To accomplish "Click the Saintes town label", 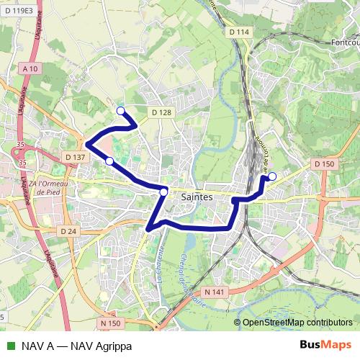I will pos(197,196).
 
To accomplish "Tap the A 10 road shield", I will pos(30,68).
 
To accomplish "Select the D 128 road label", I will pos(162,112).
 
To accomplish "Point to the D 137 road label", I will pos(74,156).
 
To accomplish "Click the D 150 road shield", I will pos(325,164).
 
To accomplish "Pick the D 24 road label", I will pos(68,230).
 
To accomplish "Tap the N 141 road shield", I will pos(215,292).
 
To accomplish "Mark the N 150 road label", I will pos(110,323).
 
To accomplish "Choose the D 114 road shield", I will pos(239,32).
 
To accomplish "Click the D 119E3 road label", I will pos(18,11).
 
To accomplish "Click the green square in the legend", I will pos(9,346).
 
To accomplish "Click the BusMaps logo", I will pos(325,345).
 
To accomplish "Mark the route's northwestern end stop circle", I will pos(120,111).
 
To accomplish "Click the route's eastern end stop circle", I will pos(272,176).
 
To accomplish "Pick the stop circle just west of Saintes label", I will pos(164,192).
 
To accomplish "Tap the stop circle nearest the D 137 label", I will pos(109,161).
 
